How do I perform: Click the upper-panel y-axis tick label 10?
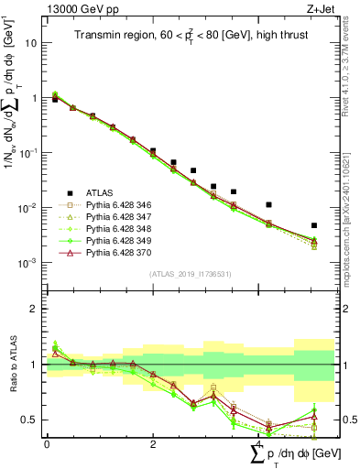tap(31, 43)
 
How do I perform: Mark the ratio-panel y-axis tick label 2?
tap(35, 309)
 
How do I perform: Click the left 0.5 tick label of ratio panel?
tap(31, 420)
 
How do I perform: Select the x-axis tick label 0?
tap(47, 444)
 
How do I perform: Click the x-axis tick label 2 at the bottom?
tap(153, 444)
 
